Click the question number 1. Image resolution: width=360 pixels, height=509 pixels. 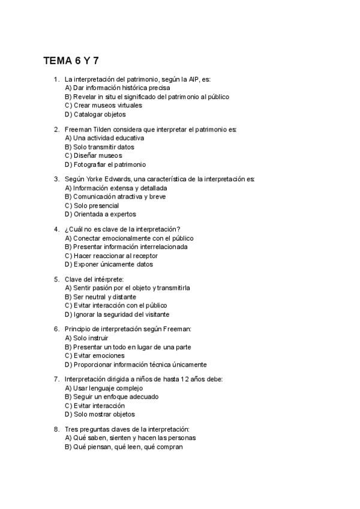[56, 79]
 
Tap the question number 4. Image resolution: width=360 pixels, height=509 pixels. [56, 229]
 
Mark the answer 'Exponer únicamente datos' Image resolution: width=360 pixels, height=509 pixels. [109, 264]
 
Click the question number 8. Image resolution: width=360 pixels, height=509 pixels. [56, 429]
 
